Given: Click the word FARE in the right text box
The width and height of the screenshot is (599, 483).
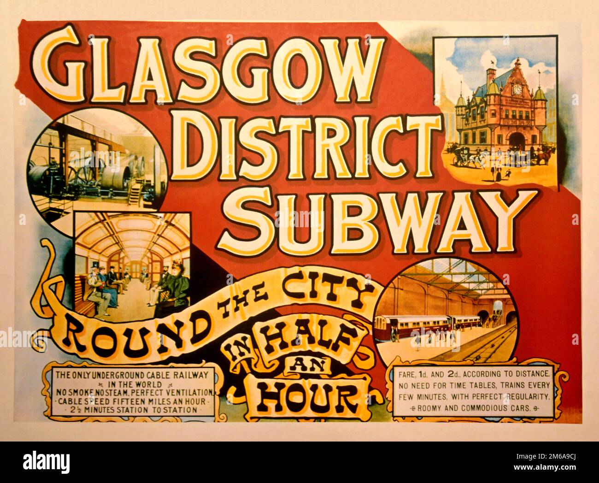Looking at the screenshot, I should (x=407, y=374).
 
